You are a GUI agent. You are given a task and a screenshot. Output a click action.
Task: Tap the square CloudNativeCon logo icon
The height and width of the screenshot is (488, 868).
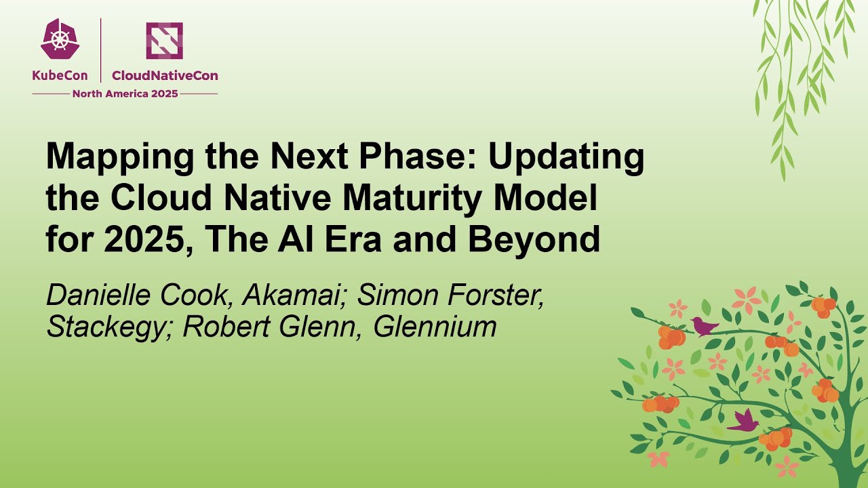click(x=164, y=40)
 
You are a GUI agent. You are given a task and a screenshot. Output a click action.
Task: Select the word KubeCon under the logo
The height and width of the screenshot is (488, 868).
click(x=60, y=76)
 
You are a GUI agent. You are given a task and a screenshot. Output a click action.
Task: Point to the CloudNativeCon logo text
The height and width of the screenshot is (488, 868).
click(x=165, y=76)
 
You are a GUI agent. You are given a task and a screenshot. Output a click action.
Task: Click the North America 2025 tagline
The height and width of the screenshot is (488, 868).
click(x=125, y=94)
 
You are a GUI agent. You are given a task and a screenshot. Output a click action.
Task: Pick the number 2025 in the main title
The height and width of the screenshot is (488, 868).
click(x=145, y=240)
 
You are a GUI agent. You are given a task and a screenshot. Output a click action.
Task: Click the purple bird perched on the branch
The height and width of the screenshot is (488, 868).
click(x=705, y=327)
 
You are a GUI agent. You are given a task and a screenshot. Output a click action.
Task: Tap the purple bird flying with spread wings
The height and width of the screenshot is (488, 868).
click(x=744, y=421)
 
